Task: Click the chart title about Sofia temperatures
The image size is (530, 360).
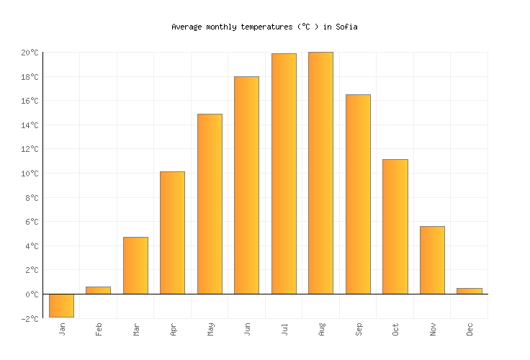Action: [264, 27]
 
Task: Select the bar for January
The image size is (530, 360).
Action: [61, 305]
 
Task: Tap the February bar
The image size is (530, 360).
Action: [99, 290]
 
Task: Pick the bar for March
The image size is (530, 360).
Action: [135, 266]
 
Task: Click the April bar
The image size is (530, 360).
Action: [172, 233]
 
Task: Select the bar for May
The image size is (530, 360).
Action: [210, 204]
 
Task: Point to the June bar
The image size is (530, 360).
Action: [246, 185]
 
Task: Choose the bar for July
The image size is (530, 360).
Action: [284, 174]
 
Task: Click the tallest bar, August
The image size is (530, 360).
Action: [320, 173]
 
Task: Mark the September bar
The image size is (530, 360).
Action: [358, 194]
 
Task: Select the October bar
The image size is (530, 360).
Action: [395, 227]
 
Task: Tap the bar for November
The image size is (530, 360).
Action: [432, 260]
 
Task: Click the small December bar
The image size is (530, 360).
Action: [469, 291]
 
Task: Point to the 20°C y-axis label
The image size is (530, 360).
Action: [30, 53]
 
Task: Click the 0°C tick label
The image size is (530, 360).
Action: [32, 294]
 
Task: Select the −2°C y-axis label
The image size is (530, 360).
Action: [30, 318]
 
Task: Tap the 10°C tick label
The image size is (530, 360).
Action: [30, 174]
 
